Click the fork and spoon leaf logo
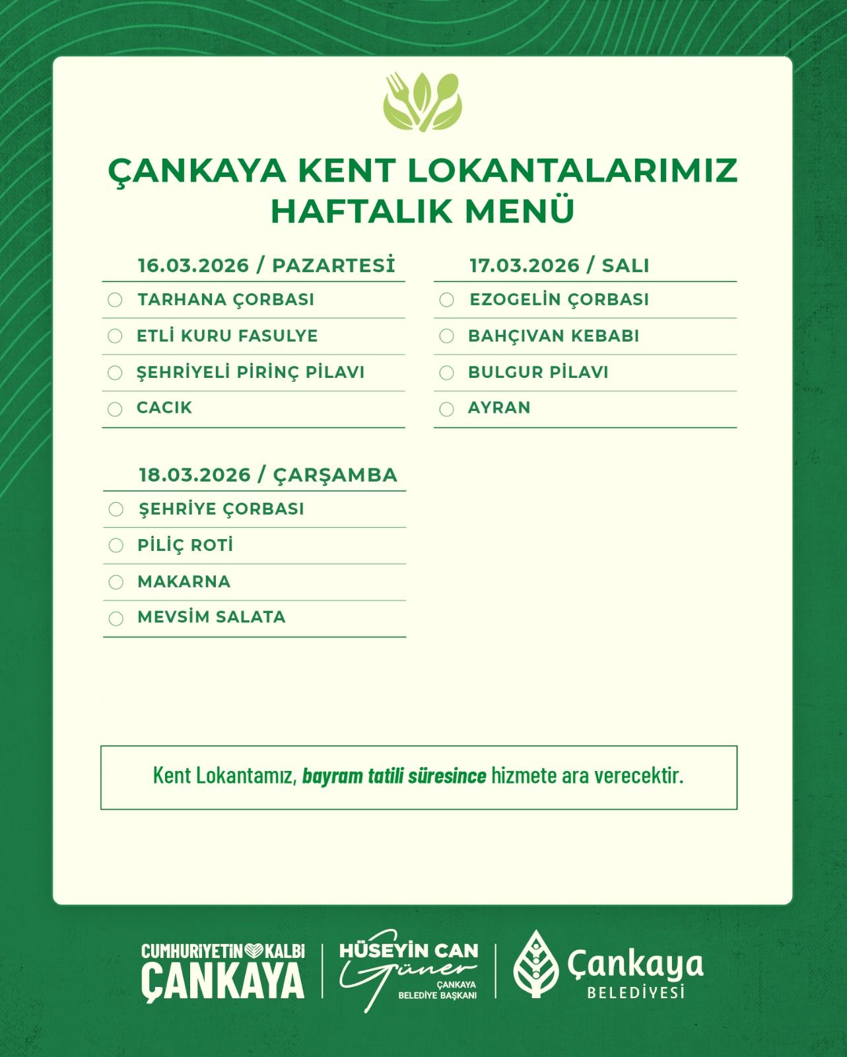click(x=423, y=102)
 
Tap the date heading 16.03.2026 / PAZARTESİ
click(x=266, y=266)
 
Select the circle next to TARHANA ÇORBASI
click(x=115, y=300)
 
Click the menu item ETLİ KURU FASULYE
click(x=227, y=336)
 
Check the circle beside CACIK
click(x=115, y=409)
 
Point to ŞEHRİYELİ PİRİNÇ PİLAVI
click(x=250, y=372)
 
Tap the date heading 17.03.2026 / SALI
click(x=559, y=266)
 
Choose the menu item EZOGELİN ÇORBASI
click(x=559, y=299)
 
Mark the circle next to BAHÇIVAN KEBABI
click(x=447, y=336)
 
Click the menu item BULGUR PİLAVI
click(x=538, y=372)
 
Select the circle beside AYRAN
click(x=447, y=409)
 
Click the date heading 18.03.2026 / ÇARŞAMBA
click(x=268, y=475)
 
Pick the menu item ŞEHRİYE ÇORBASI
click(x=221, y=509)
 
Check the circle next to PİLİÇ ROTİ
click(x=116, y=546)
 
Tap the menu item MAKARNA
click(x=184, y=582)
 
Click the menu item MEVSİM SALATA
click(x=211, y=617)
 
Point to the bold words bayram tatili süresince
click(x=394, y=776)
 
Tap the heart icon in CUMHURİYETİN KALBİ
click(x=254, y=951)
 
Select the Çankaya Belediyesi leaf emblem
click(x=535, y=965)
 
